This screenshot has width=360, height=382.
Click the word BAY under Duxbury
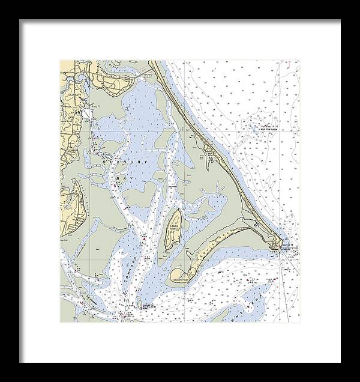123,178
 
